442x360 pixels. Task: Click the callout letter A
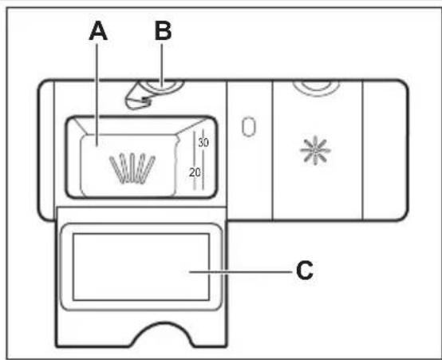[x=98, y=31]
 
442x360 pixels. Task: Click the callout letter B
[x=164, y=31]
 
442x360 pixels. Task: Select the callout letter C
[x=305, y=271]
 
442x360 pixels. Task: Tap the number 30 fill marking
[x=203, y=142]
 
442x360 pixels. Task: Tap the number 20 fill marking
[x=195, y=172]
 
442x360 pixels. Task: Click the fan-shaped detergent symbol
[x=132, y=168]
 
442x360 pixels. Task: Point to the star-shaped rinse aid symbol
[x=315, y=150]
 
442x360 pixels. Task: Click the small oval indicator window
[x=249, y=127]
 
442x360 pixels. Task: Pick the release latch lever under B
[x=137, y=97]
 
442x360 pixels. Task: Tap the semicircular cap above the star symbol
[x=316, y=88]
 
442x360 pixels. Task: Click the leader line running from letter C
[x=241, y=272]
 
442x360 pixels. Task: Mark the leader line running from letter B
[x=162, y=65]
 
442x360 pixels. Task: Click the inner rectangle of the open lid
[x=141, y=234]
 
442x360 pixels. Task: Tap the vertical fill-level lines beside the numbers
[x=199, y=160]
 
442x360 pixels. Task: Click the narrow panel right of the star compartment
[x=385, y=150]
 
